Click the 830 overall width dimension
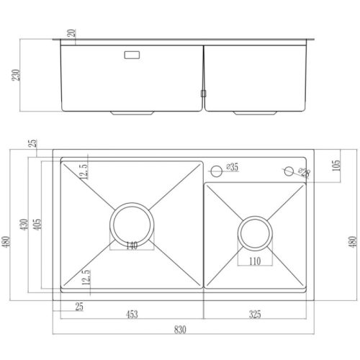coord(180,330)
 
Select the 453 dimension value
coord(132,314)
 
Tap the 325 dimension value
coord(255,314)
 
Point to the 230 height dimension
coord(17,75)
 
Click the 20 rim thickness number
coord(71,33)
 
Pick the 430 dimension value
coord(24,225)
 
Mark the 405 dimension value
coord(37,225)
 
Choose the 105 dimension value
coord(336,166)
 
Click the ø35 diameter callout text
coord(232,167)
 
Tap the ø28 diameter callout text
coord(304,172)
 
